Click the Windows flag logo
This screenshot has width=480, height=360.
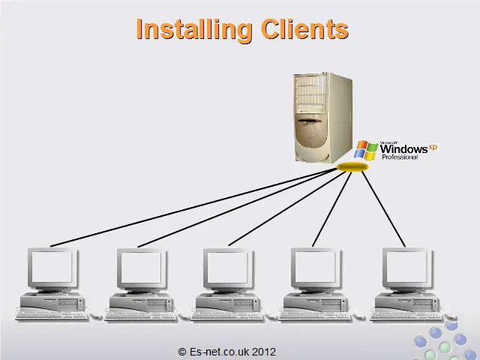(x=366, y=149)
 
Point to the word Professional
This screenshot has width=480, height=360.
(x=400, y=157)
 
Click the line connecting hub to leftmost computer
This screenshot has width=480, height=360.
(x=195, y=207)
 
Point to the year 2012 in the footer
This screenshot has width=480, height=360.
(x=264, y=351)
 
